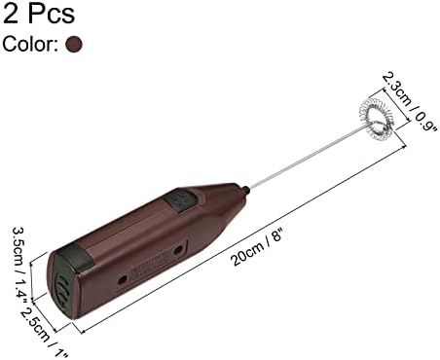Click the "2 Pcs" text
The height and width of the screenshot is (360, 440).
tap(39, 13)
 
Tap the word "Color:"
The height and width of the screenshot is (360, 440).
tap(30, 44)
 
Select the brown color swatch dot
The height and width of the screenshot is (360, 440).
tap(74, 44)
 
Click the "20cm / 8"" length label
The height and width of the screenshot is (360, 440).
tap(259, 247)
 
